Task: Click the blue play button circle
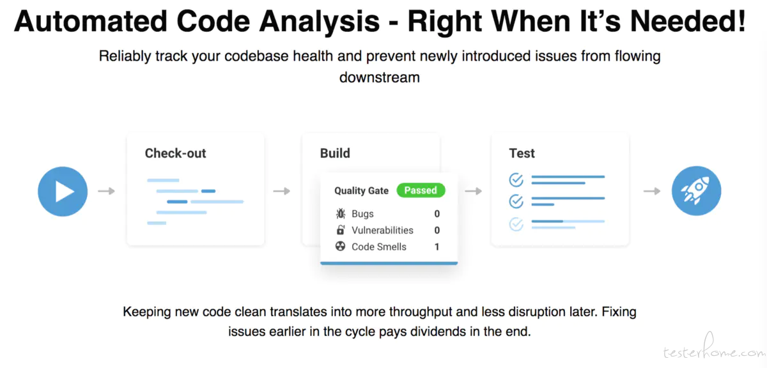point(63,192)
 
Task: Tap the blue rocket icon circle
point(696,191)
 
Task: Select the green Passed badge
point(421,190)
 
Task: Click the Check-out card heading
point(175,153)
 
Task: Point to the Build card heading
point(335,153)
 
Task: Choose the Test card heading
point(522,153)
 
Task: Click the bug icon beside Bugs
point(340,213)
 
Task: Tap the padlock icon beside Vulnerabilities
point(340,230)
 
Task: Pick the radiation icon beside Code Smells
point(340,246)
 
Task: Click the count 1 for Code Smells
point(437,247)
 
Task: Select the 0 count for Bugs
point(437,214)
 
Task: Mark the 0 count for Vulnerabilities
point(437,231)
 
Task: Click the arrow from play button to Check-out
point(106,191)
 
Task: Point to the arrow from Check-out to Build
point(281,191)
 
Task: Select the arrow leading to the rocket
point(652,191)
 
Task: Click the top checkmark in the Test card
point(516,180)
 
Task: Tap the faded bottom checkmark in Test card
point(516,224)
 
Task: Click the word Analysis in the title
point(319,22)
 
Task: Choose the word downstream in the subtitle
point(380,77)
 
